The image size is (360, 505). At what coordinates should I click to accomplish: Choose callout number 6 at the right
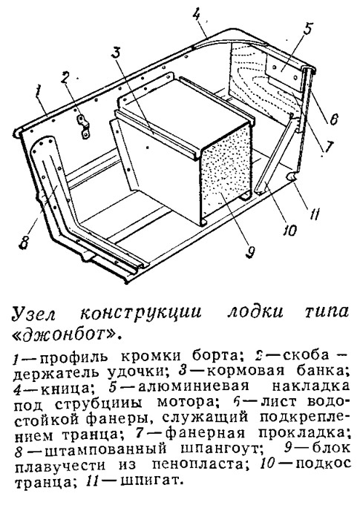pos(333,119)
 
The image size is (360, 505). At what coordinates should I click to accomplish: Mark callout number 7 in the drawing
pos(327,147)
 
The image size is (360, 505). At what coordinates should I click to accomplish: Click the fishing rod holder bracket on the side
pos(82,127)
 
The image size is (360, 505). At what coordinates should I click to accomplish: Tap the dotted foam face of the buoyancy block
pos(226,174)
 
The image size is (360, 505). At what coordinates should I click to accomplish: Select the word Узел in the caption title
pos(33,312)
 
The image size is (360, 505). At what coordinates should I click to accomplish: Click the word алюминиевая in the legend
pos(194,386)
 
